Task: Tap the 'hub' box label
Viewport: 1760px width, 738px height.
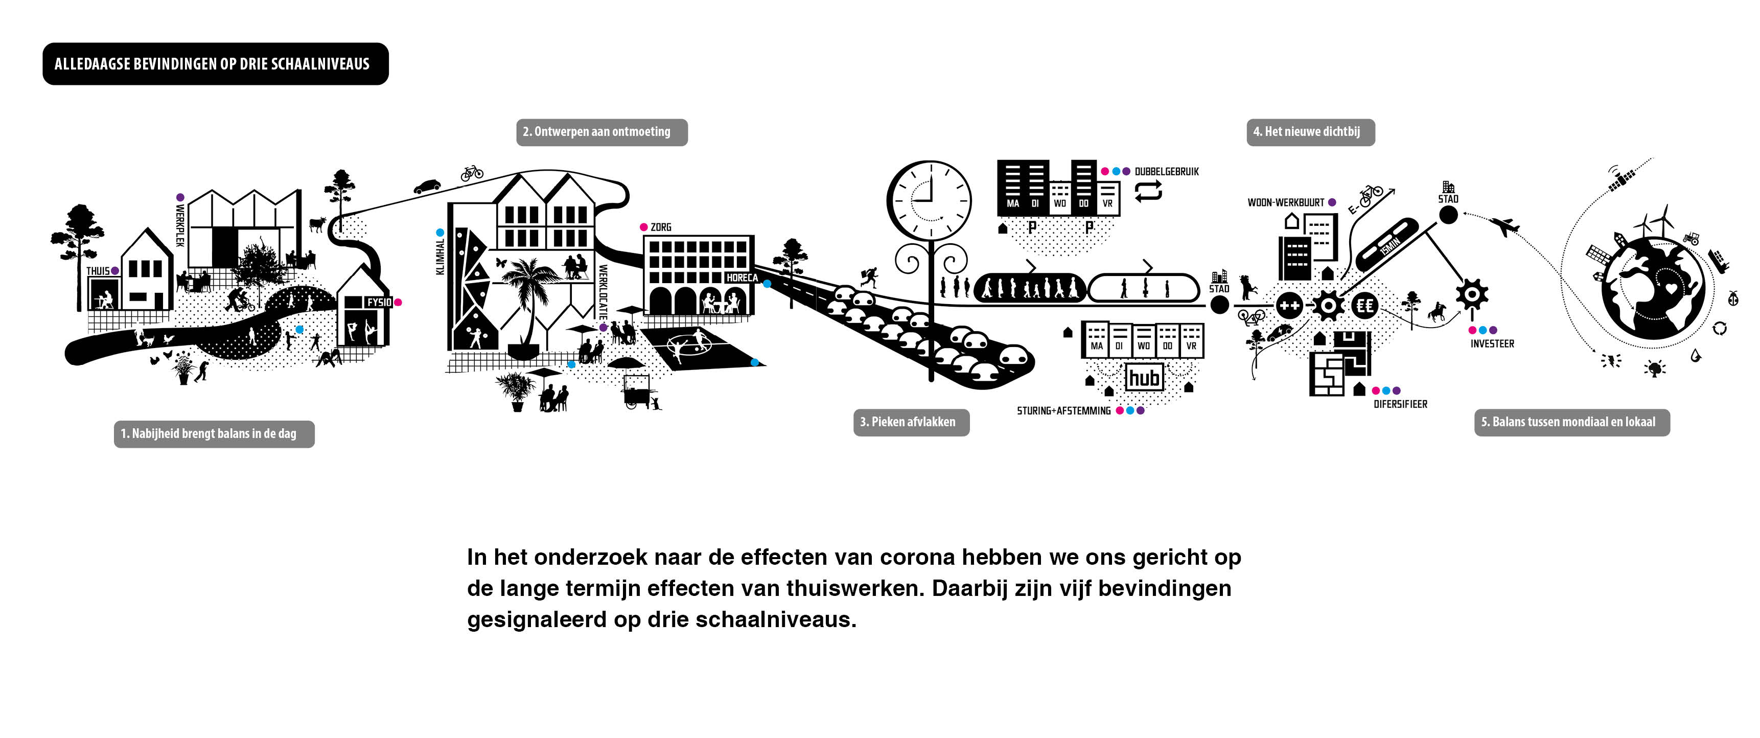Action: (x=1144, y=378)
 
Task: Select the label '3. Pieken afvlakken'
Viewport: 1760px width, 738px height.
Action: (x=911, y=422)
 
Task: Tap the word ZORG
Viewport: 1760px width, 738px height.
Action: (x=661, y=227)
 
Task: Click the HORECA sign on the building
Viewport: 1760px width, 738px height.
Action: (x=742, y=278)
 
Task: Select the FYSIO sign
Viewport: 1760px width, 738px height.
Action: (x=379, y=302)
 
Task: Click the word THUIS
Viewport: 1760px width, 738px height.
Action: (x=98, y=271)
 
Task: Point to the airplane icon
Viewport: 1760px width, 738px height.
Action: (x=1504, y=225)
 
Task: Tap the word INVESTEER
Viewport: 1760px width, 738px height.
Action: (x=1492, y=344)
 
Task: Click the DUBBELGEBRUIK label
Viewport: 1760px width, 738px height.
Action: (x=1166, y=172)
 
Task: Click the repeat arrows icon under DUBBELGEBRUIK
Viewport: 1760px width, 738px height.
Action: (x=1148, y=191)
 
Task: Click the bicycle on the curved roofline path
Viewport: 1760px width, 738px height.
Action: (x=471, y=173)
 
